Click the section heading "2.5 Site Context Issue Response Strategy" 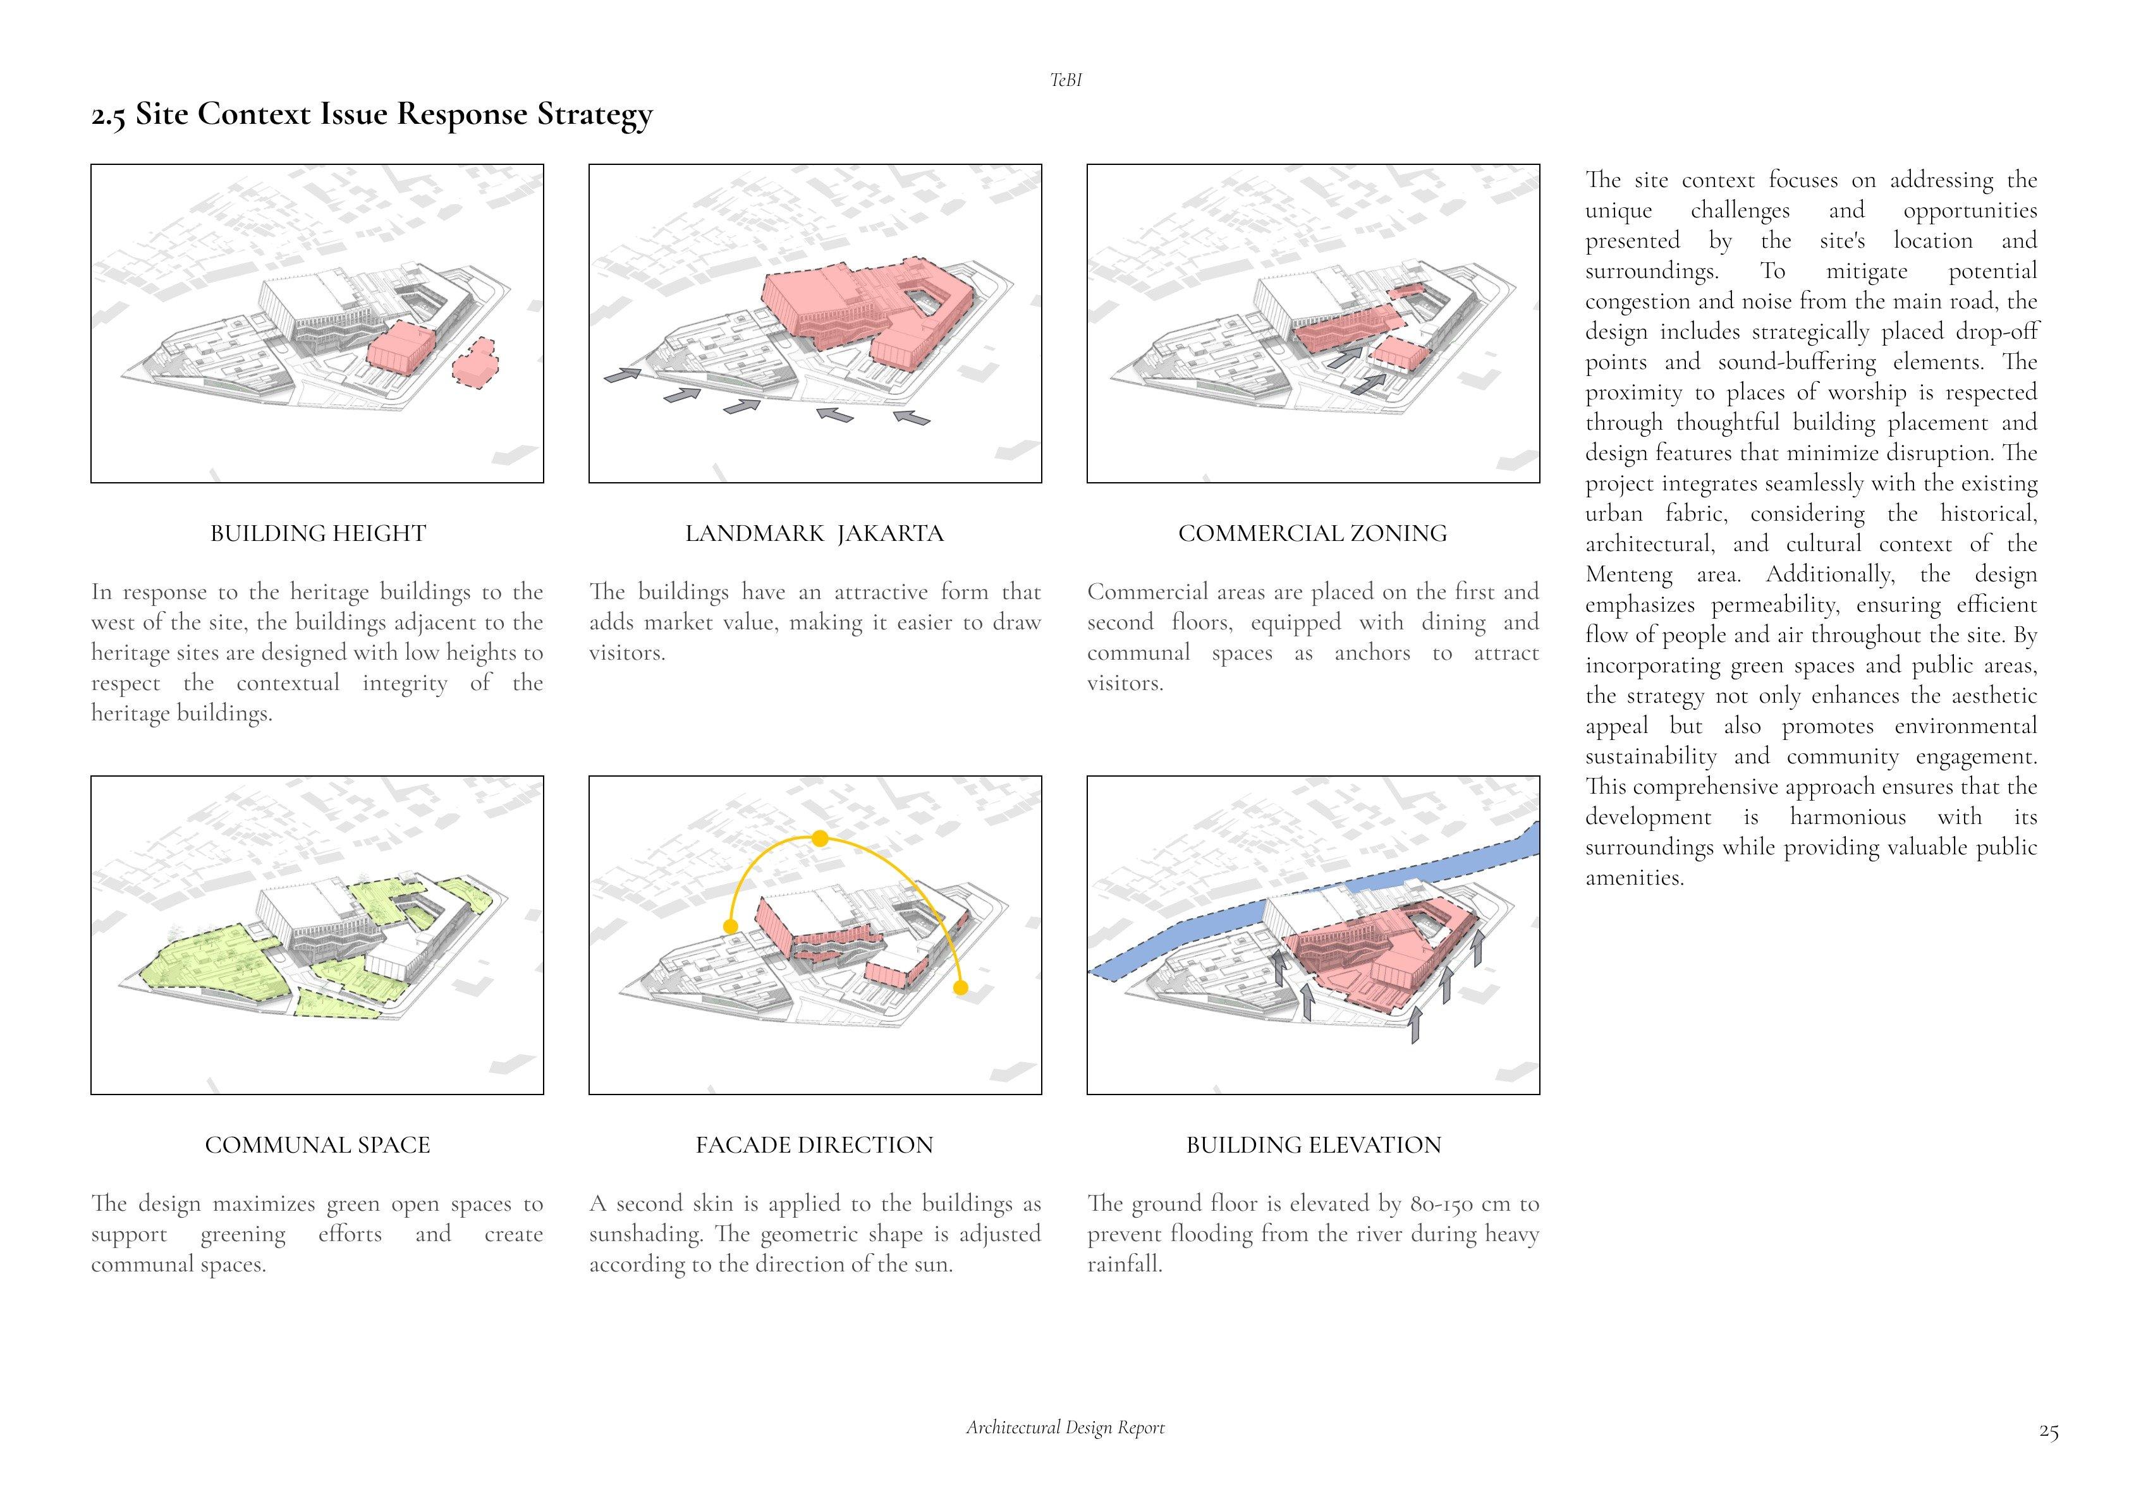(x=372, y=115)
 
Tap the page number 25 (x=2048, y=1433)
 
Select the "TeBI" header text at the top (x=1065, y=81)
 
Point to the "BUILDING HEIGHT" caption (x=317, y=534)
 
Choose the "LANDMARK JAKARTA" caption (x=814, y=534)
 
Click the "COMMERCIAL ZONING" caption (x=1312, y=534)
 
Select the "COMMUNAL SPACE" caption (x=317, y=1145)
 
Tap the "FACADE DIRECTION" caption (x=814, y=1145)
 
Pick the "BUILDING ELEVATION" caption (x=1313, y=1145)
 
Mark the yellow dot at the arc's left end (x=731, y=926)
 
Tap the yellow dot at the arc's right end (x=961, y=988)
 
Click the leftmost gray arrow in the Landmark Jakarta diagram (x=622, y=375)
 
